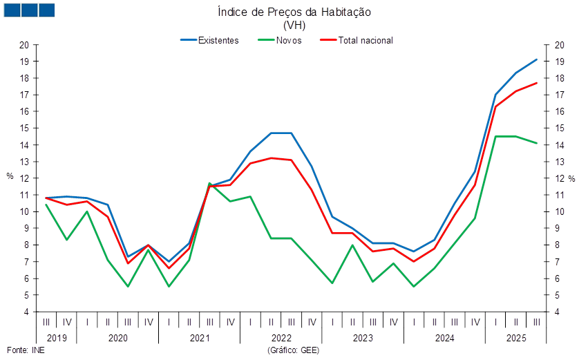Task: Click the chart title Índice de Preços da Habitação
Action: pyautogui.click(x=294, y=12)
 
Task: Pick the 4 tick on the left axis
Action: pyautogui.click(x=26, y=312)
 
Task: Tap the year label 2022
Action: pyautogui.click(x=281, y=339)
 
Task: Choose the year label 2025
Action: pyautogui.click(x=517, y=339)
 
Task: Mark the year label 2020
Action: pyautogui.click(x=117, y=339)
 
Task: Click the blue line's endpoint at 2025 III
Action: pyautogui.click(x=537, y=59)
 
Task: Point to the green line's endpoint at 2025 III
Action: pyautogui.click(x=537, y=143)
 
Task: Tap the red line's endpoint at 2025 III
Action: pyautogui.click(x=537, y=83)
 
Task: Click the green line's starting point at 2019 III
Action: pyautogui.click(x=46, y=205)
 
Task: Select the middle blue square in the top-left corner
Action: pyautogui.click(x=29, y=10)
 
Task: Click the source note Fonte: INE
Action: pyautogui.click(x=25, y=350)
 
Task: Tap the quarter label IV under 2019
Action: pyautogui.click(x=67, y=323)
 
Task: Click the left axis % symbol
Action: pyautogui.click(x=10, y=177)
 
